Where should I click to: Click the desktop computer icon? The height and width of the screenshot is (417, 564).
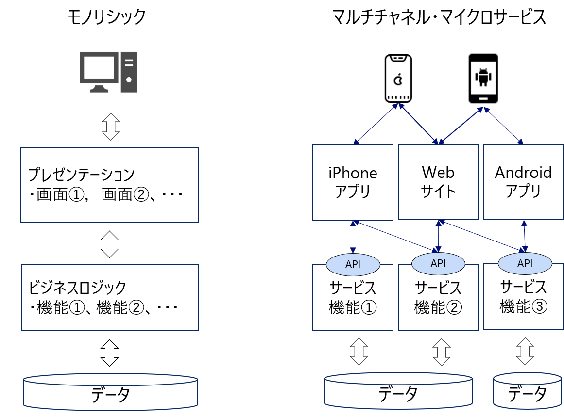(108, 72)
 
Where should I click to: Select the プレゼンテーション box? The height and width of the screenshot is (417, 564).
(109, 185)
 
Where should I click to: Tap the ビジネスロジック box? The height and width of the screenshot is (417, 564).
(109, 297)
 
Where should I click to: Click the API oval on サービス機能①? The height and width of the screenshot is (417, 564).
(353, 265)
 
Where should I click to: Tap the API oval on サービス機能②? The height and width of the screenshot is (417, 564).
(438, 263)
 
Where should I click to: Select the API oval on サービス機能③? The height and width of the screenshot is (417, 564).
(525, 264)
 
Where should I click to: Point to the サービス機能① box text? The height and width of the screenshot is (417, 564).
(353, 297)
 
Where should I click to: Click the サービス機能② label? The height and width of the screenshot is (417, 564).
(438, 297)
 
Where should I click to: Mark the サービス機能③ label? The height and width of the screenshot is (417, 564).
(524, 296)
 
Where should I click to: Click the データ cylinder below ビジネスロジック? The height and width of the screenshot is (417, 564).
(111, 392)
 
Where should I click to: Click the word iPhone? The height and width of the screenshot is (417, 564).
(353, 173)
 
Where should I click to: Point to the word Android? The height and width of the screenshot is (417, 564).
(523, 173)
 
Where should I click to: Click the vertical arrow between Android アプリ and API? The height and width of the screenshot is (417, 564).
(524, 237)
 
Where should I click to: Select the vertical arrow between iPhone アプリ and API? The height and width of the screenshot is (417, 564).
(353, 237)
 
